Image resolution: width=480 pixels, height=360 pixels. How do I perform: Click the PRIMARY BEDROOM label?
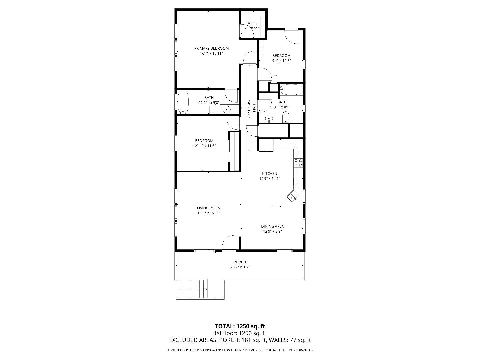coord(211,48)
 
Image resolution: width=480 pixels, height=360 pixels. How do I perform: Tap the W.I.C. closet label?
coord(251,23)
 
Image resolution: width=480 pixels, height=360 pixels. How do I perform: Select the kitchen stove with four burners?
coord(298,163)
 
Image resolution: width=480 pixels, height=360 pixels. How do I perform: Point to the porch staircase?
coord(192,289)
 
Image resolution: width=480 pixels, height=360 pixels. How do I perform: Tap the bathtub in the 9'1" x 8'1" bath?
coord(291,90)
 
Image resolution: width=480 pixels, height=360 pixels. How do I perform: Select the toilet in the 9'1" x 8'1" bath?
coord(286,117)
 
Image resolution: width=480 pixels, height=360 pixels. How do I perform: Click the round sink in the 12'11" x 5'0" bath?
coord(227,109)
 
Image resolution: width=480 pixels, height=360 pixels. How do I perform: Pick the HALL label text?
coord(254,108)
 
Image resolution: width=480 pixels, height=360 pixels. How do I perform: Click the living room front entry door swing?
coord(229,242)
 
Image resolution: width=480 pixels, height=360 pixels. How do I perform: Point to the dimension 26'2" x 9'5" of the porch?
coord(240,267)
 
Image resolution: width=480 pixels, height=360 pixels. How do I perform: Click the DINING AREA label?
coord(272,226)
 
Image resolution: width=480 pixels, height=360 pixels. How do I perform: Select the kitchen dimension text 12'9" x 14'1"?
coord(270,179)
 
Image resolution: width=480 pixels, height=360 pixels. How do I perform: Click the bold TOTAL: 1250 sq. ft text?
coord(240,326)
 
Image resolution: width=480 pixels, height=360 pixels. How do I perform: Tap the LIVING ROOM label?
coord(209,208)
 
